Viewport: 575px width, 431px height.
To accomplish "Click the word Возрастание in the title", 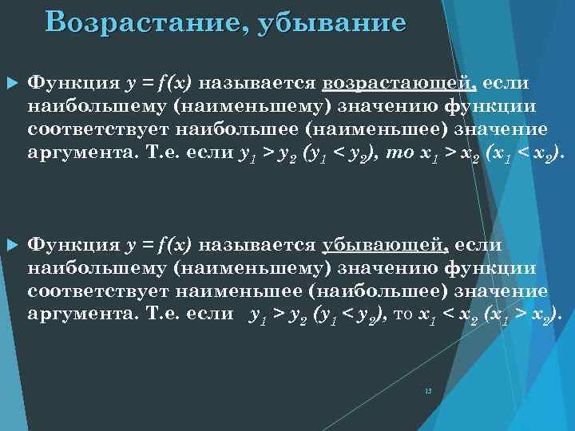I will click(x=139, y=22).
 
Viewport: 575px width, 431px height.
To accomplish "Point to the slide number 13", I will click(x=428, y=391).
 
